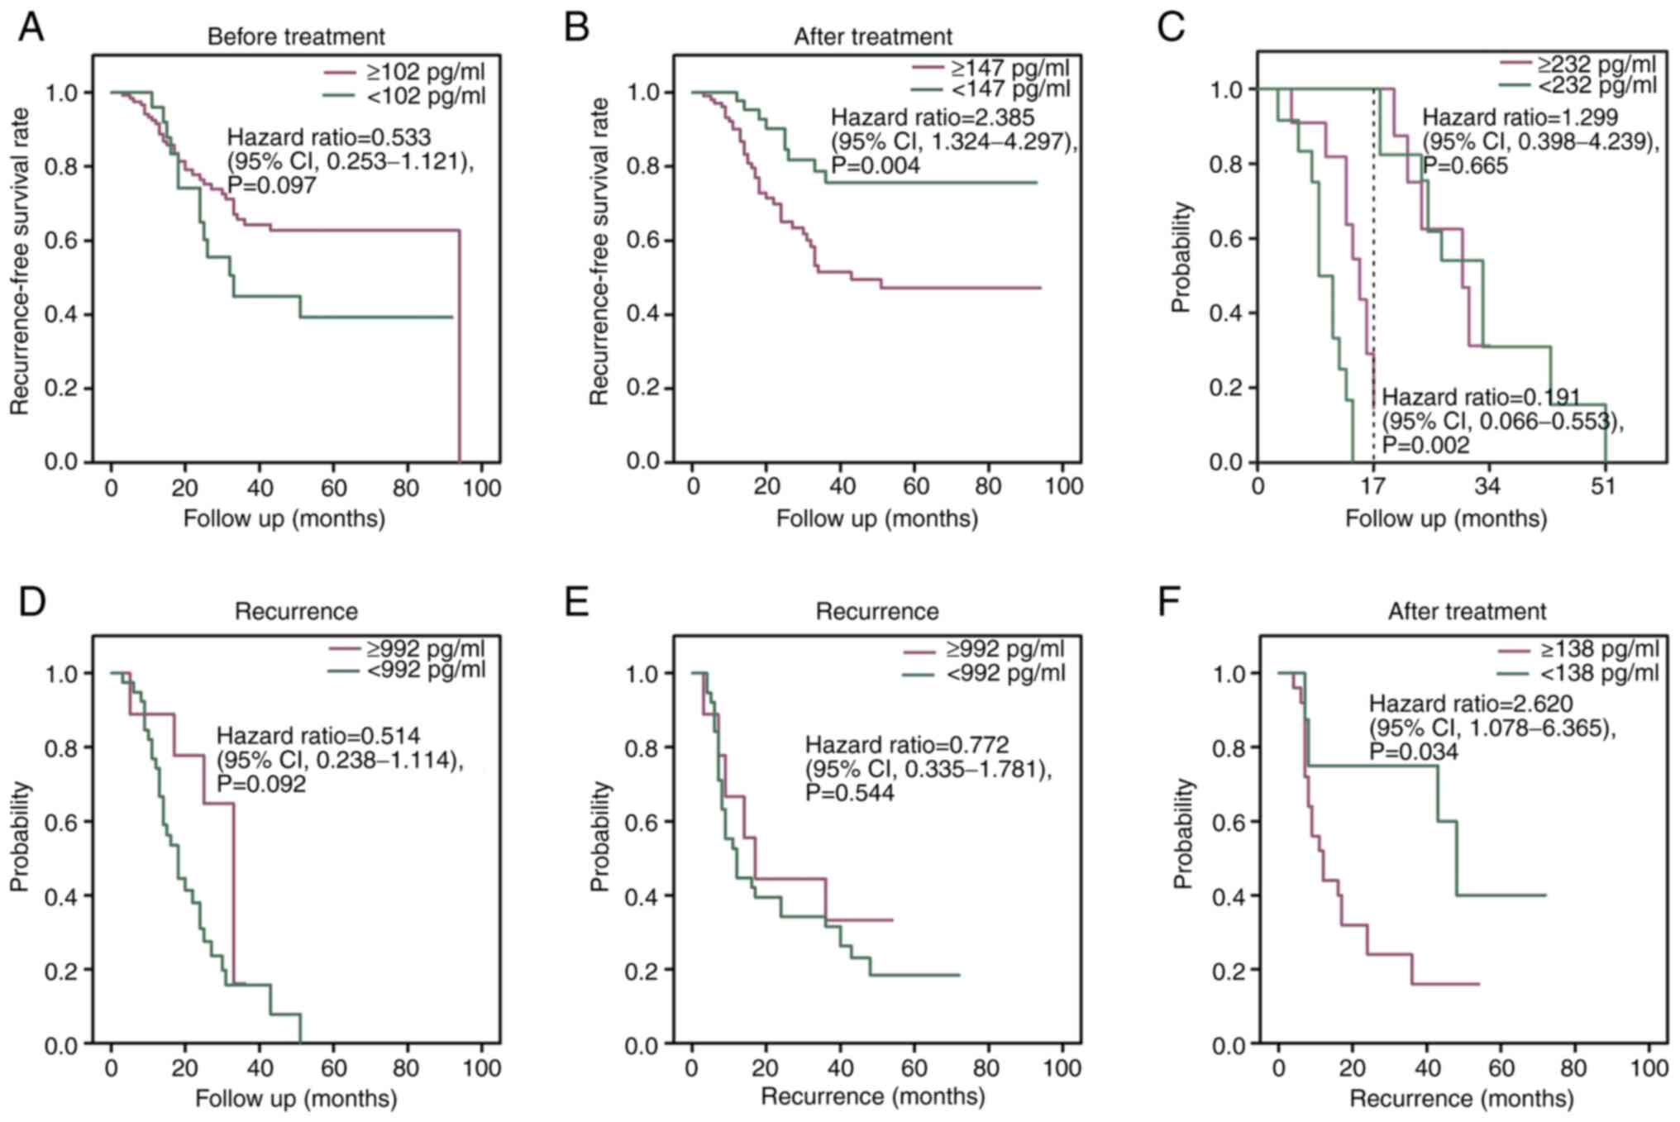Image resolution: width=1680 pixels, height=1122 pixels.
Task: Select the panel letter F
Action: coord(1168,602)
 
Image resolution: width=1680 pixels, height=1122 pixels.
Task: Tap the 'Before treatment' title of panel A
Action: coord(296,37)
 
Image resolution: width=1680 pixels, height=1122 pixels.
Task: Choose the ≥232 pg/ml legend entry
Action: coord(1596,64)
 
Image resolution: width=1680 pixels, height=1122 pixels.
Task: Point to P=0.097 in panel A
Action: coord(272,184)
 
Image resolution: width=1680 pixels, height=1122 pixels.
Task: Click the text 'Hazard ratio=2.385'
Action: coord(932,117)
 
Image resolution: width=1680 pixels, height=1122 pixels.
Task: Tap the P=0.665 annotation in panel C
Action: coord(1464,165)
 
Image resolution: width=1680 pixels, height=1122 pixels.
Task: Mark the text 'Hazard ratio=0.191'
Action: coord(1482,398)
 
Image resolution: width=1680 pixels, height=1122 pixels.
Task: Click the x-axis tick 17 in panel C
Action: coord(1372,485)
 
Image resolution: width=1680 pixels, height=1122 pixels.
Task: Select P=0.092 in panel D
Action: coord(261,783)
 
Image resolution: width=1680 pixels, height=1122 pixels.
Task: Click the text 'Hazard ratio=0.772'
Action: coord(907,745)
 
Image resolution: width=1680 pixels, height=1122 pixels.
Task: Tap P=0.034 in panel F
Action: coord(1413,751)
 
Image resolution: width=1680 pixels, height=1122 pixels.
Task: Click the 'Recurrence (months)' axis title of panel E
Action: coord(872,1096)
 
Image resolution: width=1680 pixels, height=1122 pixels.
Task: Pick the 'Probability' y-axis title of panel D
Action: coord(20,836)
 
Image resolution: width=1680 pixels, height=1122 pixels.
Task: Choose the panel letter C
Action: coord(1171,26)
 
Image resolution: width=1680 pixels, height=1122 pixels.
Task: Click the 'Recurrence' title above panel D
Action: coord(296,612)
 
